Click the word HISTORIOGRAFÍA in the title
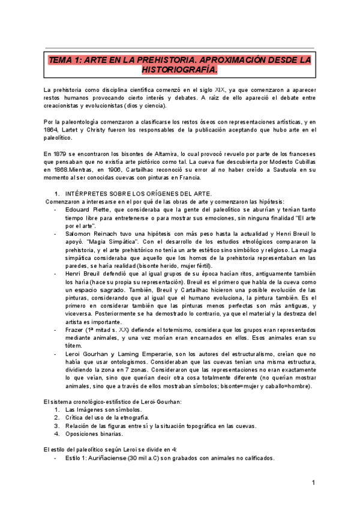(x=179, y=70)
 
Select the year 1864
(x=52, y=129)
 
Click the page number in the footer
(x=313, y=483)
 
